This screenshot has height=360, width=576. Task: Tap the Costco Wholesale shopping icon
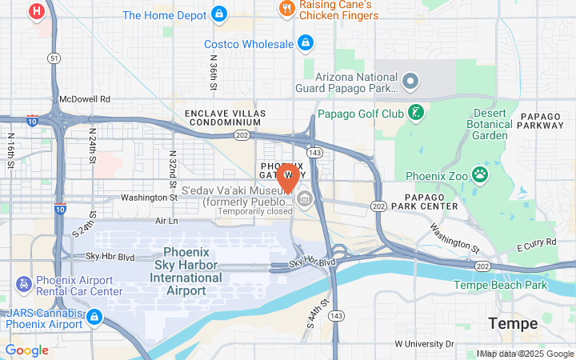pos(304,43)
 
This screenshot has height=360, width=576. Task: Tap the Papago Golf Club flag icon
pos(415,112)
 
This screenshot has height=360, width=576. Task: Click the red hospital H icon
pos(36,12)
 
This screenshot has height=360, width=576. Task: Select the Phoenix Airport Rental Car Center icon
pos(24,284)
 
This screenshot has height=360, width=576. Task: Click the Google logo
pos(26,350)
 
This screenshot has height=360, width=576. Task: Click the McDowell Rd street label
pos(84,100)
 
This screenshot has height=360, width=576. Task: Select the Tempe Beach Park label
pos(500,285)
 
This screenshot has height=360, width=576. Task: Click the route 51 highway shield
pos(54,58)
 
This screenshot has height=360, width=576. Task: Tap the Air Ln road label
pos(166,220)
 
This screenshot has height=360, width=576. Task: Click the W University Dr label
pos(424,344)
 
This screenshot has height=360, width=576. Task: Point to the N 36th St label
pos(213,72)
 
